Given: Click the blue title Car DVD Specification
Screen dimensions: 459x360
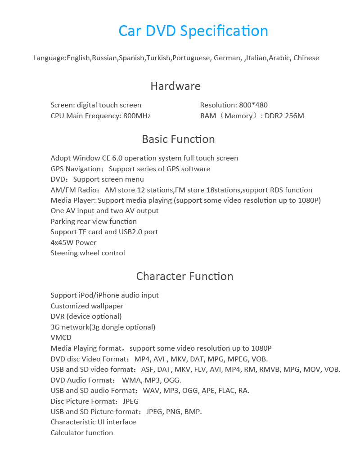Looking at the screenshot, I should pyautogui.click(x=193, y=31).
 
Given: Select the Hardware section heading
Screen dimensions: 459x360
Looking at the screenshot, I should pyautogui.click(x=175, y=86).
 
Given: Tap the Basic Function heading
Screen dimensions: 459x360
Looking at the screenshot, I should pyautogui.click(x=178, y=139).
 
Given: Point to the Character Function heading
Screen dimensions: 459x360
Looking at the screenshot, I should pyautogui.click(x=184, y=276).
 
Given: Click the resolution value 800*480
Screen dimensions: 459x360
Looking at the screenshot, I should pyautogui.click(x=253, y=105).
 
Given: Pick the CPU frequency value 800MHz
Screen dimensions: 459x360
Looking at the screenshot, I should pyautogui.click(x=137, y=116).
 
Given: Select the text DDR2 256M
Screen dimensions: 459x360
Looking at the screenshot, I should pyautogui.click(x=284, y=116).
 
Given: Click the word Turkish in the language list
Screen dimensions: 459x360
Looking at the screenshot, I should pyautogui.click(x=158, y=58).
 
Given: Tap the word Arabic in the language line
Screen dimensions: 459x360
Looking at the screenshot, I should pyautogui.click(x=279, y=58).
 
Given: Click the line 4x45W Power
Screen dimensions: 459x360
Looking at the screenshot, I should pyautogui.click(x=73, y=243).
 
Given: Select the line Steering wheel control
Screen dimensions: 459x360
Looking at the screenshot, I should pyautogui.click(x=88, y=253).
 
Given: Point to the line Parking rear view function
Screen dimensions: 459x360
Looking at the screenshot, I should pyautogui.click(x=94, y=222).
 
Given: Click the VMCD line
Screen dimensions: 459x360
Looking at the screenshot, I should pyautogui.click(x=61, y=338).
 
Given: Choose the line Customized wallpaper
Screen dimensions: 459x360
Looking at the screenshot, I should pyautogui.click(x=87, y=306).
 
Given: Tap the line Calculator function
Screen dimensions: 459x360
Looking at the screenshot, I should pyautogui.click(x=81, y=433).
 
